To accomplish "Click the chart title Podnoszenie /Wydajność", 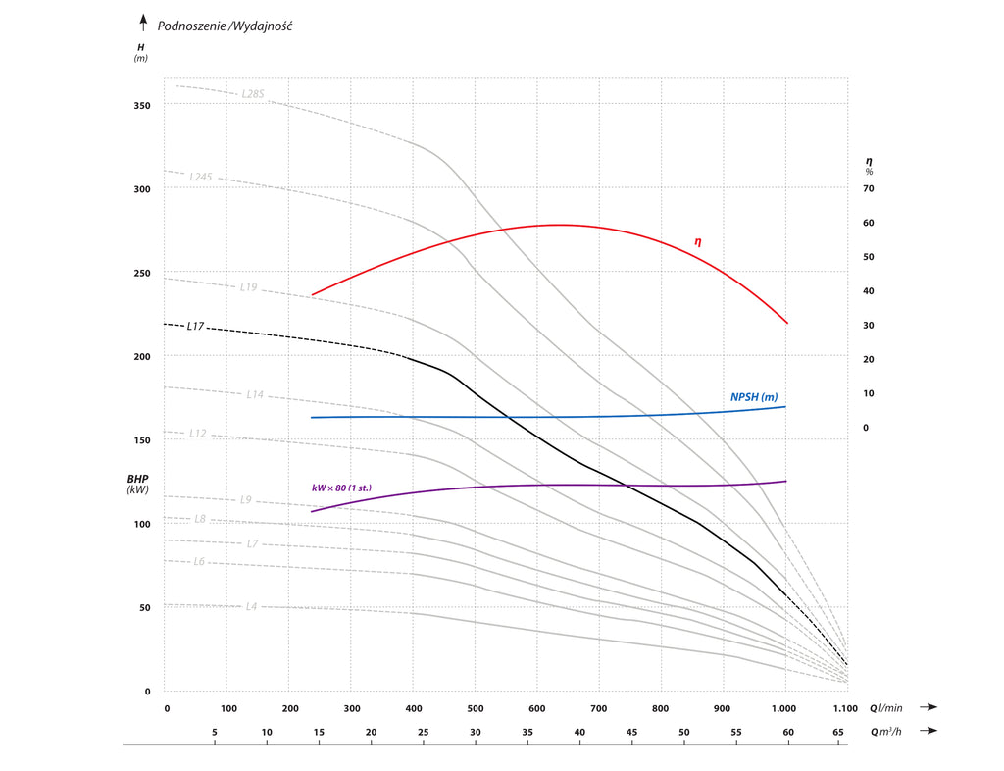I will tap(225, 26).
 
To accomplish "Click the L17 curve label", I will tap(195, 326).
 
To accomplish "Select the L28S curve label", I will tap(253, 94).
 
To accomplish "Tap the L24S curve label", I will tap(201, 178).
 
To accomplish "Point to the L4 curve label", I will tap(251, 606).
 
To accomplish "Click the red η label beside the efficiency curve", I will tap(698, 241).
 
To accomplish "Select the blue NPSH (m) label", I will tap(754, 396).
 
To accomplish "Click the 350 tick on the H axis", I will tap(142, 105).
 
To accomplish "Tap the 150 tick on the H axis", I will tap(142, 439).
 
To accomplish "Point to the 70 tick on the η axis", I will tap(868, 188).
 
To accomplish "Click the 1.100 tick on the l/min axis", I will tap(845, 708).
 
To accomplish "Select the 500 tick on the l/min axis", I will tap(475, 708).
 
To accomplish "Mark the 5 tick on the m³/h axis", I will tap(215, 732).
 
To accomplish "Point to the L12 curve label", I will tap(198, 433).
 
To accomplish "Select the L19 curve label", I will tap(249, 287).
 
